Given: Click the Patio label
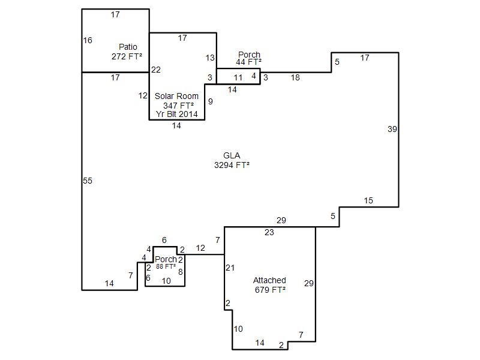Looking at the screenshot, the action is pos(128,47).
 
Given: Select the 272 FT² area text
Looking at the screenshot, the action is pos(127,56).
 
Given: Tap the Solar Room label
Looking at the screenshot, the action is pos(176,96).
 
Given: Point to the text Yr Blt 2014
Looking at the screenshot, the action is pos(177,114).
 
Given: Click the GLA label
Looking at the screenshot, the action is pos(232,155).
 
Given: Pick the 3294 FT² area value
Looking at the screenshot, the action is pos(232,165).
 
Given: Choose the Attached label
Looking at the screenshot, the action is pos(269,280).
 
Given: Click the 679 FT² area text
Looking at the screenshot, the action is pos(271,290).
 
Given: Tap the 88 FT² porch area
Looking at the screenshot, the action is pos(166,266).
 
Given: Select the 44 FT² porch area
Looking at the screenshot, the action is pos(248,62).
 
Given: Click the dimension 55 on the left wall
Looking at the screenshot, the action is pos(88,181).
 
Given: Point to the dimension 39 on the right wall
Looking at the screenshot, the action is pos(392,129).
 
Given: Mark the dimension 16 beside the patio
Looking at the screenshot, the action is pos(88,40).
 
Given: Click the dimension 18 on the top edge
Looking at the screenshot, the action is pos(295,78).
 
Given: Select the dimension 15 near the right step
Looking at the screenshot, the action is pos(368,201).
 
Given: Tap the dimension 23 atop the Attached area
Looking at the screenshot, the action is pos(269,233).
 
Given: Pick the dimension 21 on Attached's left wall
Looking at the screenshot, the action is pos(230,268).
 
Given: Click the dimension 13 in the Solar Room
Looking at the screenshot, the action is pos(210,58).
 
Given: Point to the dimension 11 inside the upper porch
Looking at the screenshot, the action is pos(238,78).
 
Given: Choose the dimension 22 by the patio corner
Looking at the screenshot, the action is pos(156,70).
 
